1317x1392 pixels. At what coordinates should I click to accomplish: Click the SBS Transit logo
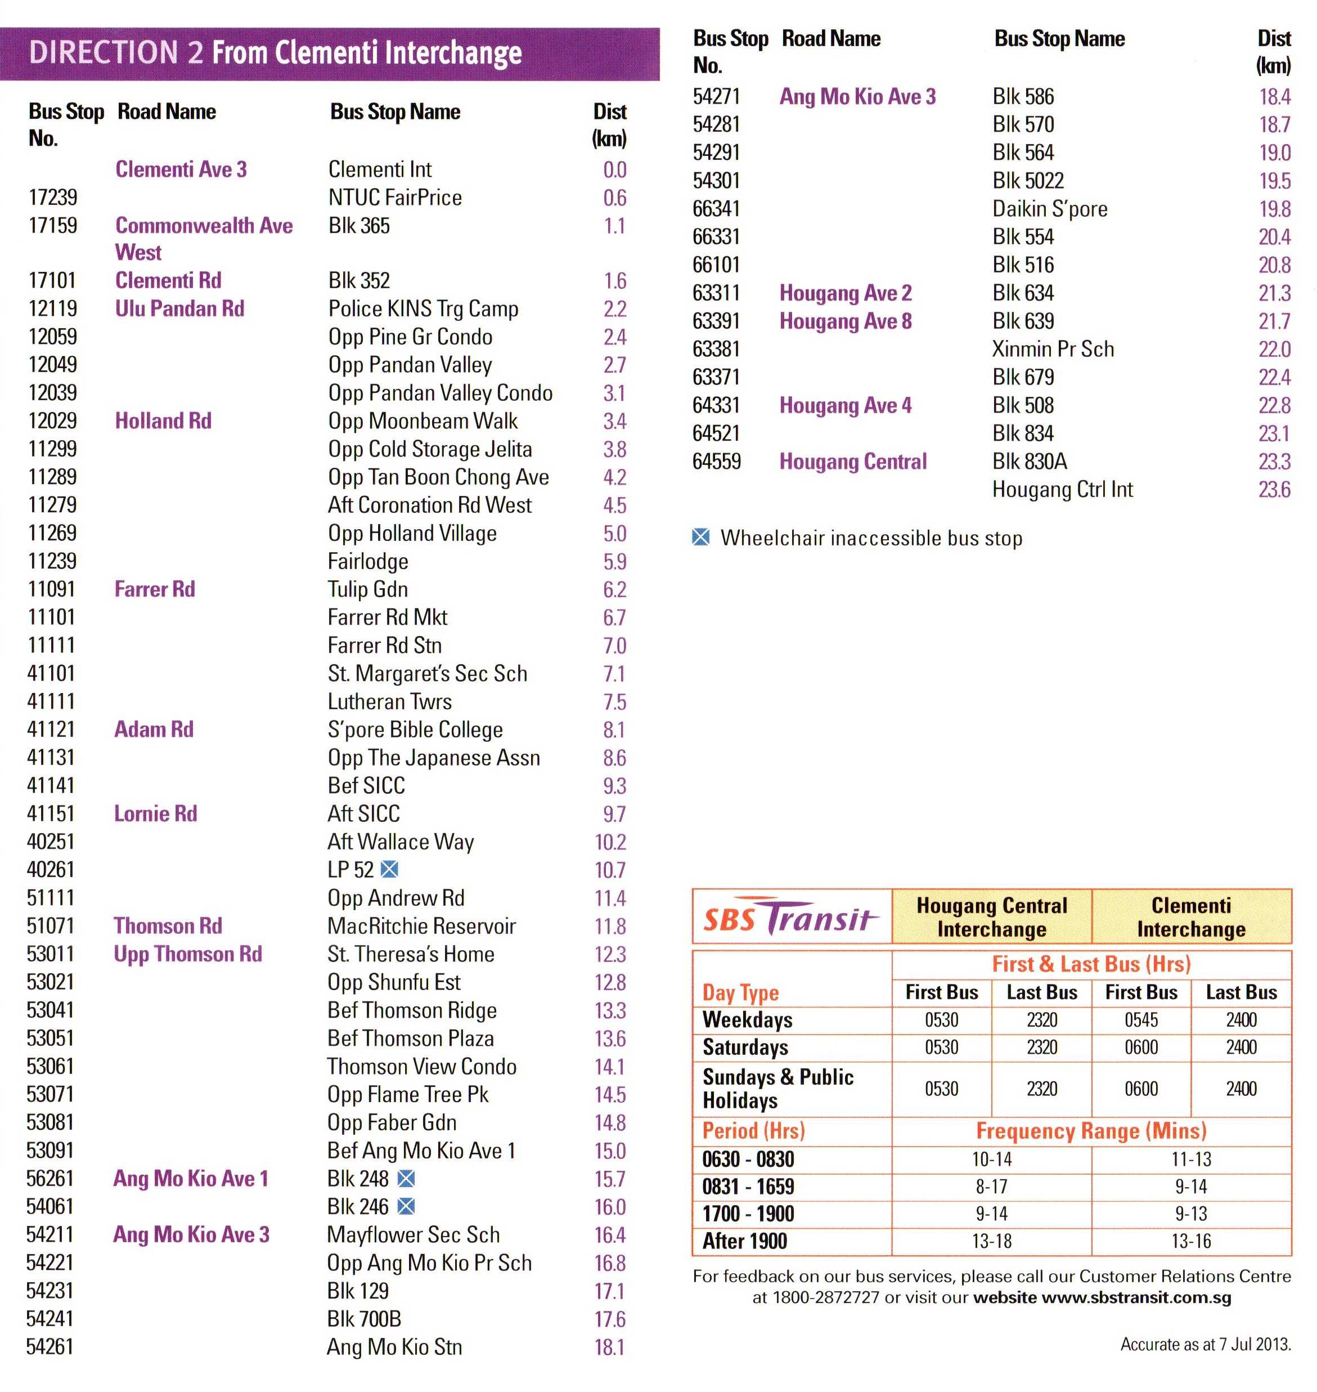pos(790,917)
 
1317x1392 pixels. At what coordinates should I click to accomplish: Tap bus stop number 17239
pos(53,198)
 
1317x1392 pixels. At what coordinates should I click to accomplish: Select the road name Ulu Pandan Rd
pos(179,309)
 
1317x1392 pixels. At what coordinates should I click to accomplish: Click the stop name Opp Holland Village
pos(412,534)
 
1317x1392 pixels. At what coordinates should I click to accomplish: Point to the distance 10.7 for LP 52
pos(609,871)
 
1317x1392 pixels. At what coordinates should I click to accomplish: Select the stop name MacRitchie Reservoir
pos(421,926)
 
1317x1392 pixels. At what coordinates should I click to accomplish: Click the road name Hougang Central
pos(853,462)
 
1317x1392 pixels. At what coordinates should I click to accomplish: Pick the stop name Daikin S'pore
pos(1050,209)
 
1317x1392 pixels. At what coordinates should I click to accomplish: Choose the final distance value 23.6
pos(1274,490)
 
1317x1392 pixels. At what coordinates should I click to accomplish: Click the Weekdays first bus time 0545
pos(1141,1020)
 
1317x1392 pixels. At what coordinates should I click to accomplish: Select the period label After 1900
pos(744,1241)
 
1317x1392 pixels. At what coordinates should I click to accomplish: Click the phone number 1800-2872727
pos(825,1297)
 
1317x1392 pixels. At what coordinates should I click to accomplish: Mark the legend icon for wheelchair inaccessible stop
pos(700,538)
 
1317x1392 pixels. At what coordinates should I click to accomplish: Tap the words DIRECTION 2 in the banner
pos(116,53)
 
